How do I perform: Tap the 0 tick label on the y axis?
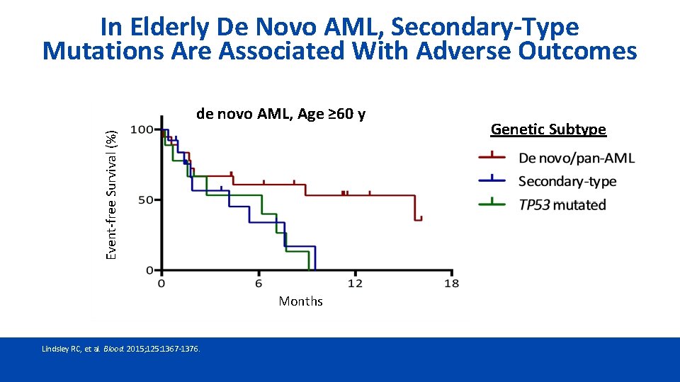tap(149, 270)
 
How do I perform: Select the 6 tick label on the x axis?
tap(259, 283)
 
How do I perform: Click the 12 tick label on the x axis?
tap(355, 283)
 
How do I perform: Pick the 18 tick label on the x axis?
tap(451, 283)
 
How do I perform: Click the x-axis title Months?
tap(300, 301)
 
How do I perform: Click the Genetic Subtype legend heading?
tap(548, 129)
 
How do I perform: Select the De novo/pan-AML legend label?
tap(576, 158)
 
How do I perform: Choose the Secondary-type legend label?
tap(567, 182)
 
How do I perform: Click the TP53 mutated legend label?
tap(562, 205)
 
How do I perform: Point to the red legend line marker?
tap(492, 158)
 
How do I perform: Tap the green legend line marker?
tap(492, 204)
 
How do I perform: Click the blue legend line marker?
tap(492, 181)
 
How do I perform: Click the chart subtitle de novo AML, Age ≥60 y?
tap(280, 114)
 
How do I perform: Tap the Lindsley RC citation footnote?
tap(121, 349)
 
